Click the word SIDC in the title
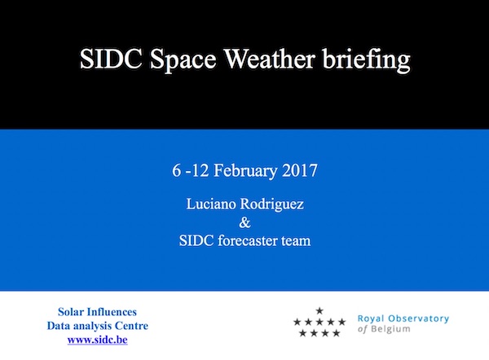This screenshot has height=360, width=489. click(x=111, y=59)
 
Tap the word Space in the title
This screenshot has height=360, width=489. click(x=183, y=61)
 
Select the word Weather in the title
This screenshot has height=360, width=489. click(x=270, y=59)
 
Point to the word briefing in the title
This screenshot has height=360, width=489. click(x=366, y=60)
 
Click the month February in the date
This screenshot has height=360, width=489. click(x=245, y=171)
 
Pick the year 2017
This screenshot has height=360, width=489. click(x=300, y=170)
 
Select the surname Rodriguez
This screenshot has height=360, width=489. click(x=271, y=205)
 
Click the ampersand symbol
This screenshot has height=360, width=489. click(x=244, y=222)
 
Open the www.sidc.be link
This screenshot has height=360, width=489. click(x=97, y=340)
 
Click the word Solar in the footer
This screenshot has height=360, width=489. click(x=70, y=312)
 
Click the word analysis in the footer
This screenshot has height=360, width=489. click(x=91, y=327)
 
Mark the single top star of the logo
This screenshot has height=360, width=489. click(x=319, y=310)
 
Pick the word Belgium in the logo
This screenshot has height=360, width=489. click(x=390, y=329)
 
